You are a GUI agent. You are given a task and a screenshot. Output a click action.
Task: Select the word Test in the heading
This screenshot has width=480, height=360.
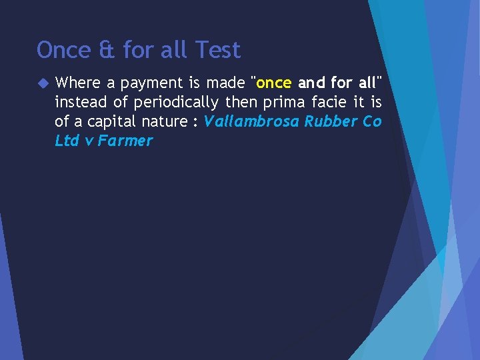click(x=218, y=50)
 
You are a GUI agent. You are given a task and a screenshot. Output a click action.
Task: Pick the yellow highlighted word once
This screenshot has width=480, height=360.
click(x=274, y=83)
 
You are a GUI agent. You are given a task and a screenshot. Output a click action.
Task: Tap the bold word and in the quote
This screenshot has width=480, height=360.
click(x=311, y=83)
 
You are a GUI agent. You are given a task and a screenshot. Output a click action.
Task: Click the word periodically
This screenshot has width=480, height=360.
click(x=176, y=103)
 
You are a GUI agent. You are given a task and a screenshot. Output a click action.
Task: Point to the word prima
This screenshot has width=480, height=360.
click(x=280, y=103)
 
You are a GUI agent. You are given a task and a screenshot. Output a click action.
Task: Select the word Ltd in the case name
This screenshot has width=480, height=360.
click(x=67, y=141)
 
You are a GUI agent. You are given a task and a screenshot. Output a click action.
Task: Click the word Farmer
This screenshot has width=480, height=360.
click(x=125, y=141)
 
